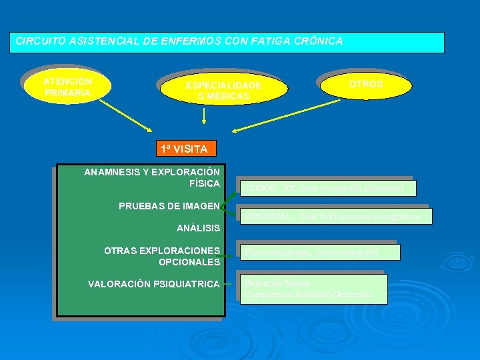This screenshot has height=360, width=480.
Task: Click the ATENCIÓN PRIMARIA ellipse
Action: (67, 87)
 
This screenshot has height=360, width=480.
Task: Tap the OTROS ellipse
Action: (365, 85)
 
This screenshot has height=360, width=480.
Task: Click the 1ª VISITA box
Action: (183, 149)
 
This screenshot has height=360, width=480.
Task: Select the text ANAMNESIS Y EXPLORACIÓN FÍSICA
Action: (152, 177)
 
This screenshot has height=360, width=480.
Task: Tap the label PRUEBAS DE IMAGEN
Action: (169, 206)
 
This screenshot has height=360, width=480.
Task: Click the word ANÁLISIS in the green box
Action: (198, 228)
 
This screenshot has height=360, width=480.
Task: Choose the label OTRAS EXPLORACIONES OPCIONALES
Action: (162, 256)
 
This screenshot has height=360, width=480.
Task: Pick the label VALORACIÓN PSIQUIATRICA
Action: (154, 285)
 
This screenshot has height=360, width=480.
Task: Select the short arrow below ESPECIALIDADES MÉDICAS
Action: (203, 117)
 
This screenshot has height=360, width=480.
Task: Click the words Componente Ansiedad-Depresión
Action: (307, 295)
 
